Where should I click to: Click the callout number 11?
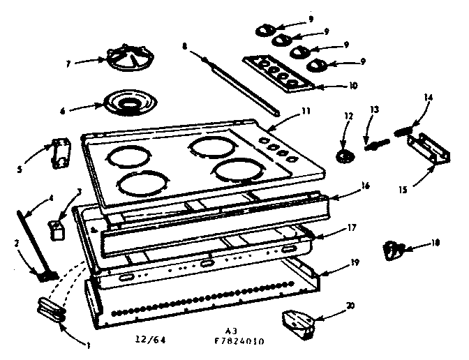(286, 110)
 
